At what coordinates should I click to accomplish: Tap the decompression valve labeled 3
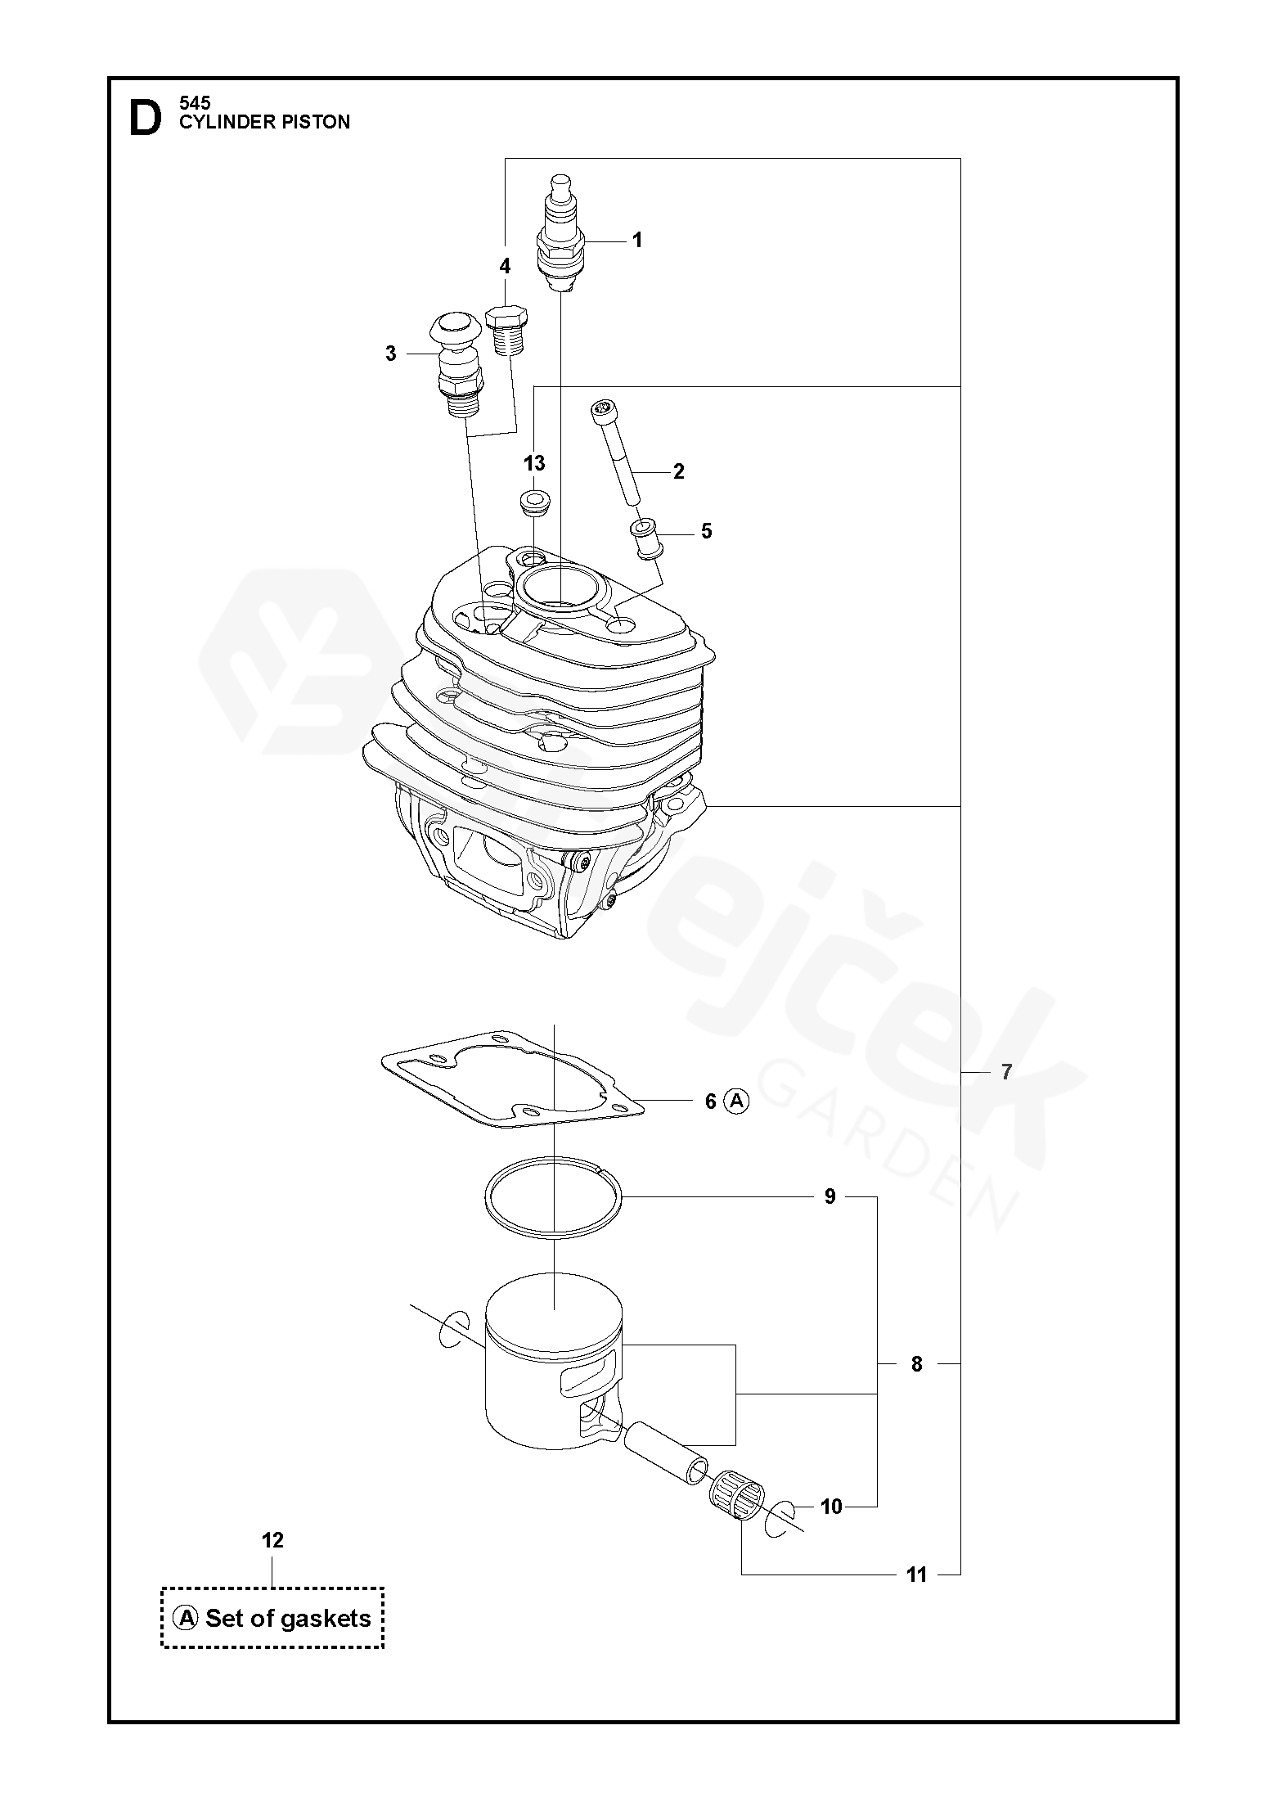[x=456, y=363]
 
